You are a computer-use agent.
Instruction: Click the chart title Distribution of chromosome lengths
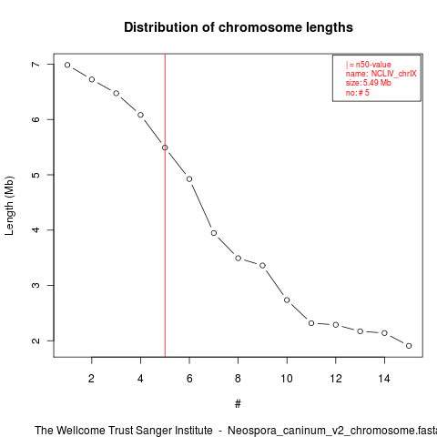click(x=239, y=27)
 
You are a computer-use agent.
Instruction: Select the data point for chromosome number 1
click(x=67, y=65)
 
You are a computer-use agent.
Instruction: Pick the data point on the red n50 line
click(x=165, y=147)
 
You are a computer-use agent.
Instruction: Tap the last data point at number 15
click(x=409, y=346)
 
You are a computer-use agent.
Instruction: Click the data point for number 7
click(x=214, y=233)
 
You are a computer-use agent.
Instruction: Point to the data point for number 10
click(x=287, y=300)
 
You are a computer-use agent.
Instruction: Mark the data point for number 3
click(x=117, y=93)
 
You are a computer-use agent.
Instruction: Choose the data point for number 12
click(x=336, y=325)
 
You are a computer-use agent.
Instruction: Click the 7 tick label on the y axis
click(x=36, y=65)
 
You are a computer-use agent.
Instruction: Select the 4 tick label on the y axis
click(x=36, y=229)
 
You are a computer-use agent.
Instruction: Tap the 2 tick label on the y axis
click(x=36, y=340)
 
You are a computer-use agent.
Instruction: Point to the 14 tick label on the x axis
click(x=384, y=379)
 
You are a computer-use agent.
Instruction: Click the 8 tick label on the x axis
click(x=238, y=379)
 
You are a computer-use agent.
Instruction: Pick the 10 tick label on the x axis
click(x=287, y=379)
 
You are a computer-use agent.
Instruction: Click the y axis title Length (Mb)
click(x=9, y=206)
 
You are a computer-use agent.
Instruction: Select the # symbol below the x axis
click(x=238, y=404)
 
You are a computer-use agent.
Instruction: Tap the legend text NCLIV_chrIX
click(x=394, y=74)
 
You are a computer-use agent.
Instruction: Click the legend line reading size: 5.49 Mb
click(x=369, y=83)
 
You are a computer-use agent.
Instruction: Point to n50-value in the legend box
click(x=373, y=65)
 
